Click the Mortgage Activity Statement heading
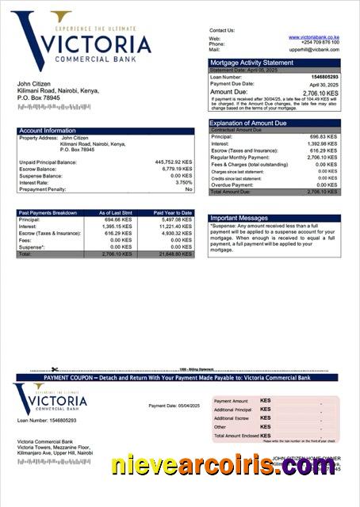point(251,63)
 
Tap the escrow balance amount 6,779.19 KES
point(175,168)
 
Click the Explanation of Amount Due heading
point(249,123)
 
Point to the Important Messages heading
point(239,218)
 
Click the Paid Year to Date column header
point(173,212)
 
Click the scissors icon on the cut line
point(55,369)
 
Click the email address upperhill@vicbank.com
point(314,49)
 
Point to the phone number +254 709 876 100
point(320,43)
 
